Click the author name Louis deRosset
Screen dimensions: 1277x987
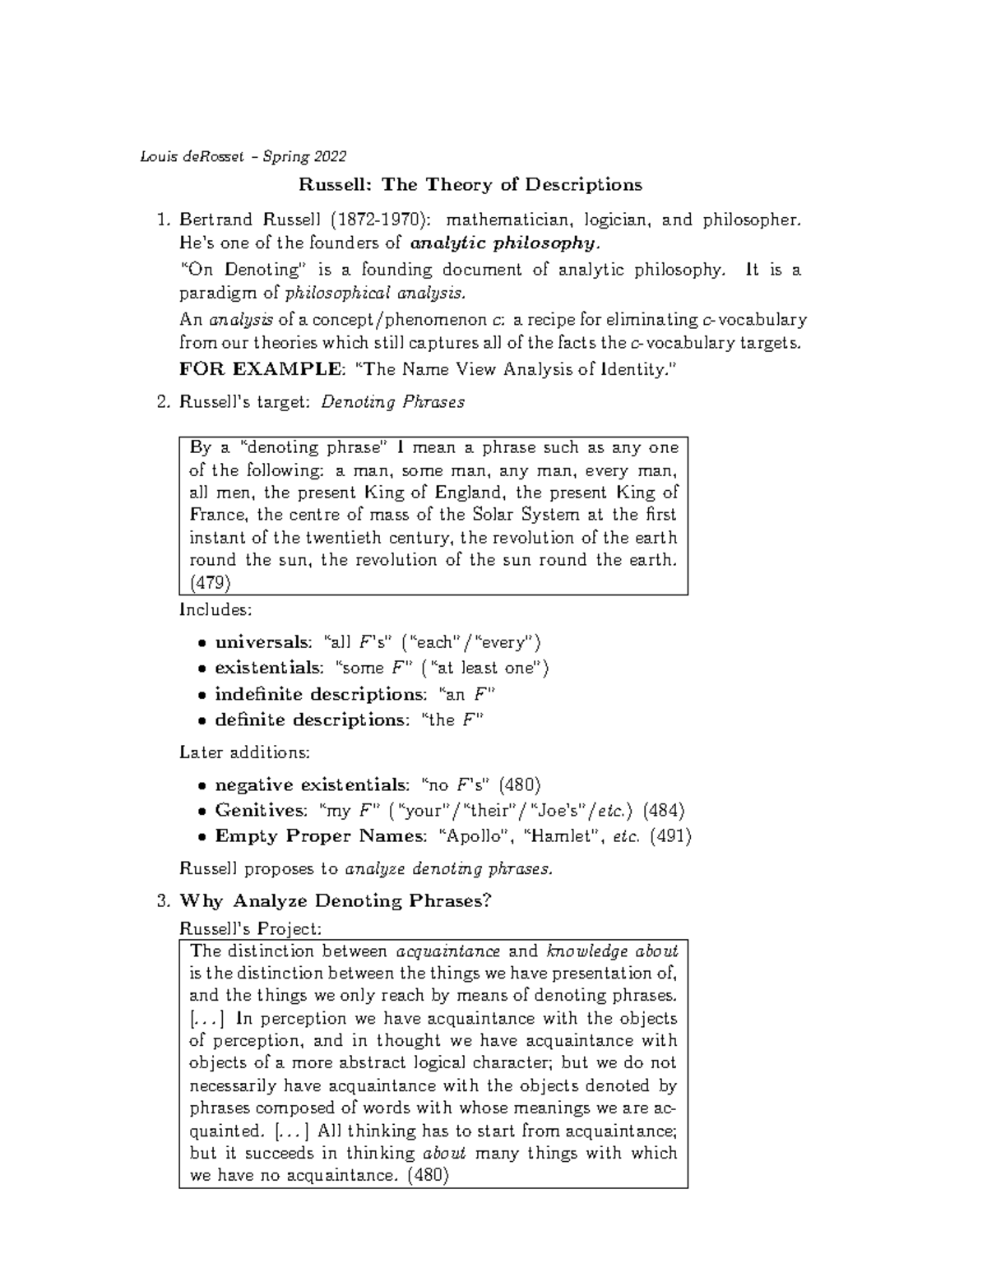191,156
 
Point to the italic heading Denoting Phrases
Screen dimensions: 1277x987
392,402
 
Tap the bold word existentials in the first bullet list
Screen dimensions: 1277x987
268,668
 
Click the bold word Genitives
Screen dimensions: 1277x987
260,810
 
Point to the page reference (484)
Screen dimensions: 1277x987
663,810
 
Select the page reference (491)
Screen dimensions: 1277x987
670,836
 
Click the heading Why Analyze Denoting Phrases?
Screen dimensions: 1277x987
335,900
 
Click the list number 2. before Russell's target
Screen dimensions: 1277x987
162,402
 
